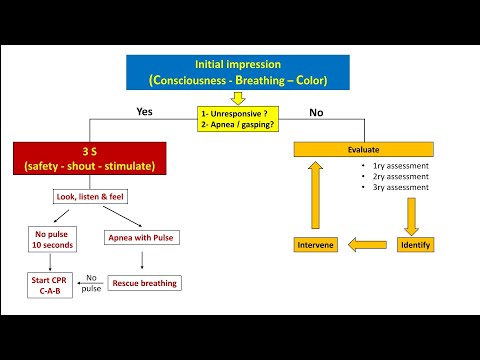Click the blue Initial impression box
pos(238,71)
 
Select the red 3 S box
pos(90,157)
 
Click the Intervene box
pos(316,244)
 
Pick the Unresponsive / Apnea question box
pos(238,119)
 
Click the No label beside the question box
pos(316,113)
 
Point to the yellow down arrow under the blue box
pos(238,98)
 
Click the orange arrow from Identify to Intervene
pos(367,243)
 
